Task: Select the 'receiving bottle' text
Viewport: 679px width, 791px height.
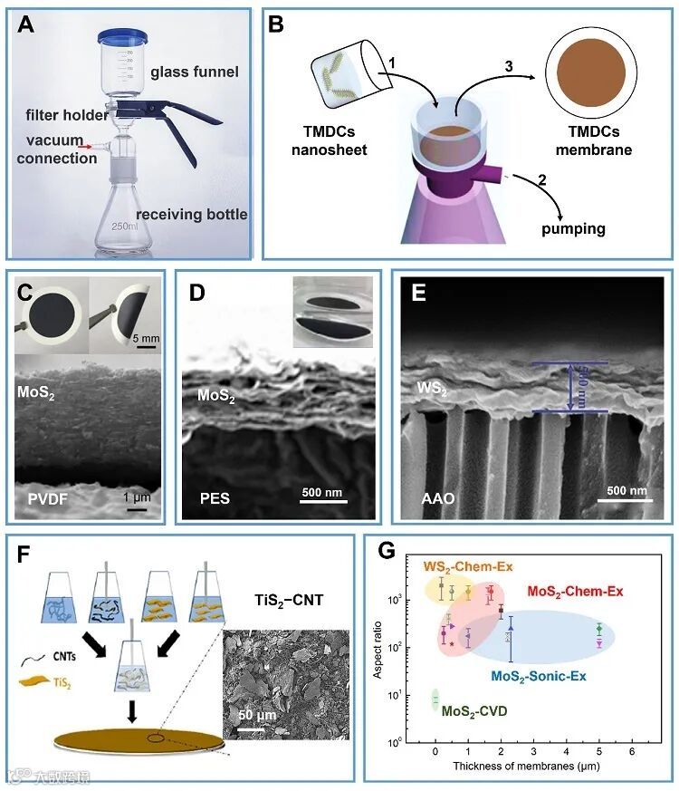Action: click(x=191, y=215)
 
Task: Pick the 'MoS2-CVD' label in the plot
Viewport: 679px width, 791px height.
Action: click(x=473, y=711)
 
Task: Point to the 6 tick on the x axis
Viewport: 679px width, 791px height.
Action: click(x=632, y=751)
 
